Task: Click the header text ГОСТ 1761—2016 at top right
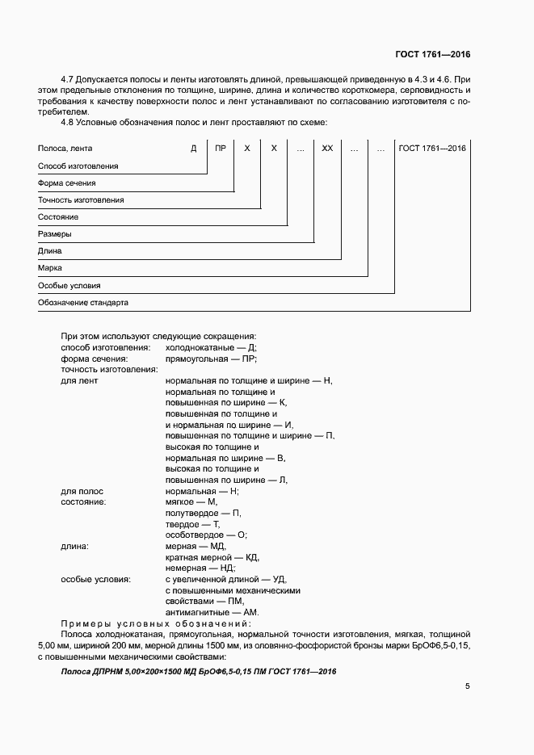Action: tap(432, 54)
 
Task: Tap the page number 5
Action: tap(468, 686)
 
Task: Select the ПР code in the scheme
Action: tap(221, 149)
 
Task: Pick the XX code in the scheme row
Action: tap(327, 149)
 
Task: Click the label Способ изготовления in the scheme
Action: tap(78, 166)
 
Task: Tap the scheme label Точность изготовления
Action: tap(81, 199)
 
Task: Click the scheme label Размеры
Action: tap(55, 234)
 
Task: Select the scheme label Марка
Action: tap(50, 268)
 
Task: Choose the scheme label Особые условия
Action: tap(69, 286)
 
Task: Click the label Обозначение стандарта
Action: tap(83, 303)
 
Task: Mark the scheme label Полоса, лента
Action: tap(65, 149)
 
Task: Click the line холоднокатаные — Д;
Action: tap(211, 346)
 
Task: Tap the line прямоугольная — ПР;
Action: tap(211, 358)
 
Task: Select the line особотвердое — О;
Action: tap(206, 535)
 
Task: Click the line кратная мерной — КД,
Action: tap(212, 557)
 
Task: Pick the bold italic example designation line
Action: tap(199, 672)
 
